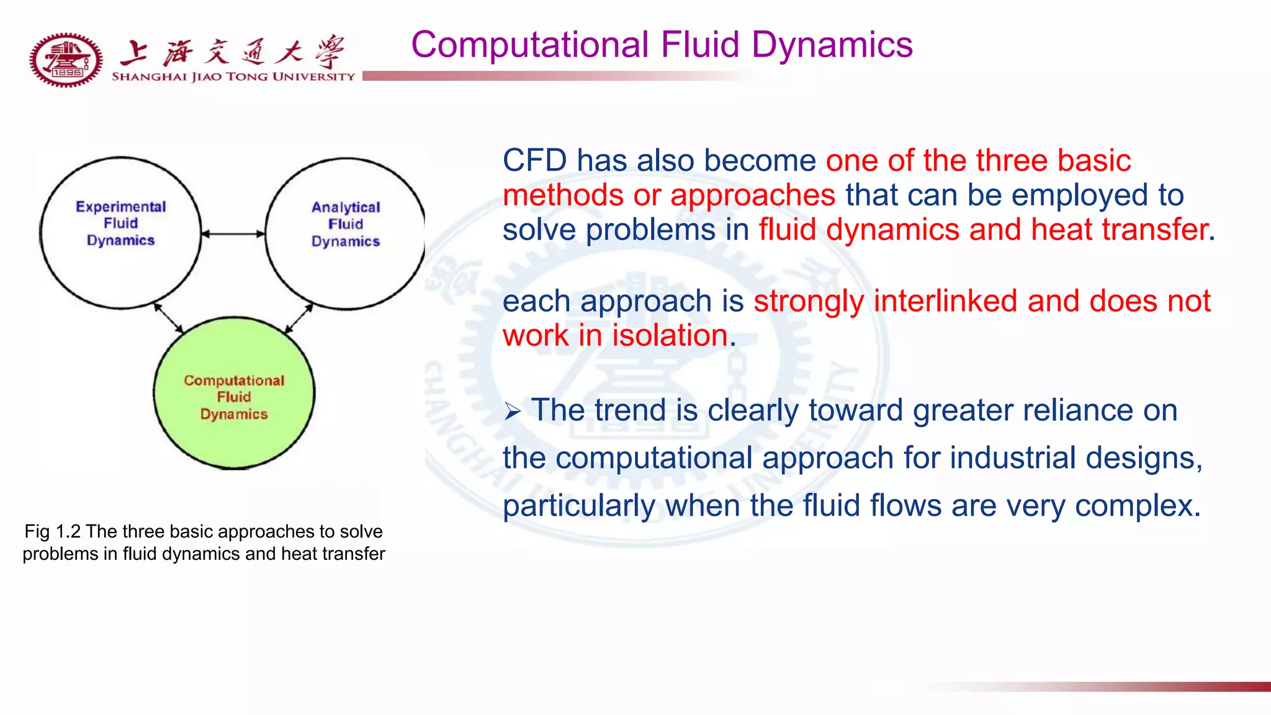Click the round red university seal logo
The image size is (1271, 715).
66,60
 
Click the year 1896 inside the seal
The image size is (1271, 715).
67,73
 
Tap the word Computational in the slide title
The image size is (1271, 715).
530,45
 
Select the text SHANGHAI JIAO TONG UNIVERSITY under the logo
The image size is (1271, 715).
233,77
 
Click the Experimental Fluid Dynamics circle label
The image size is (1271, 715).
121,223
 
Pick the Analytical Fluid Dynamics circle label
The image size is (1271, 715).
346,224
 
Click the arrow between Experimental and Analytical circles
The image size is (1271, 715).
233,234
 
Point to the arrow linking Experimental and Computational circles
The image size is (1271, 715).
168,318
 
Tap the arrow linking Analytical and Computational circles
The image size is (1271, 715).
299,318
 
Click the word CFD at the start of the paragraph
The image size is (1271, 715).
534,161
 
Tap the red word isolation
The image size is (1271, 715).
670,336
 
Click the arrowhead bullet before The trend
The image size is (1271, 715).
512,411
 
